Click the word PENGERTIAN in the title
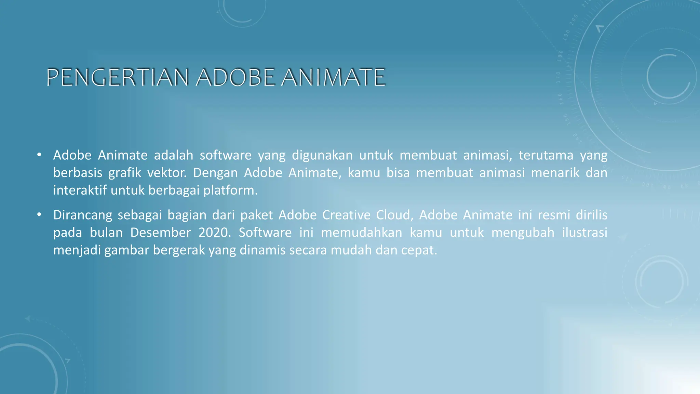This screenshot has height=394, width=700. pyautogui.click(x=117, y=77)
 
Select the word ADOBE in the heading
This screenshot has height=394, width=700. pyautogui.click(x=235, y=77)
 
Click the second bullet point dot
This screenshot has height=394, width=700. pyautogui.click(x=39, y=214)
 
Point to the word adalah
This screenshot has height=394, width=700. pyautogui.click(x=173, y=155)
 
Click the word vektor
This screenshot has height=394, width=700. pyautogui.click(x=167, y=173)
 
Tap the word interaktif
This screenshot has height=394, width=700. pyautogui.click(x=80, y=190)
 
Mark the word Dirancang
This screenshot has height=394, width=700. pyautogui.click(x=82, y=215)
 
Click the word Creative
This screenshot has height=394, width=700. pyautogui.click(x=346, y=215)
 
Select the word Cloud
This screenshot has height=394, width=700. pyautogui.click(x=395, y=215)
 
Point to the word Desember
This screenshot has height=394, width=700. pyautogui.click(x=160, y=233)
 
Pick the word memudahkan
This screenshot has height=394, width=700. pyautogui.click(x=361, y=233)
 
